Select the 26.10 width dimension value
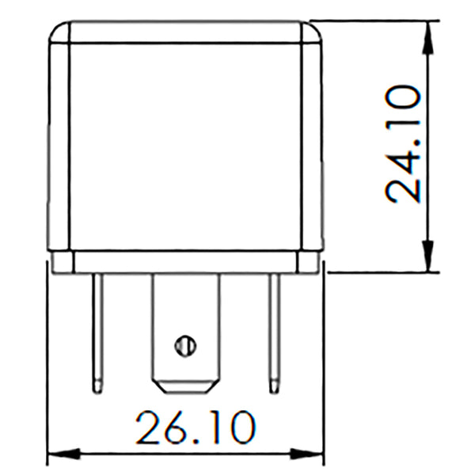click(x=195, y=428)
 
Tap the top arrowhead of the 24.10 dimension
click(x=428, y=32)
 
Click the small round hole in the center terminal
click(x=184, y=344)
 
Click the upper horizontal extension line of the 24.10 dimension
click(x=372, y=20)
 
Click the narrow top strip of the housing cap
click(x=186, y=32)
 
